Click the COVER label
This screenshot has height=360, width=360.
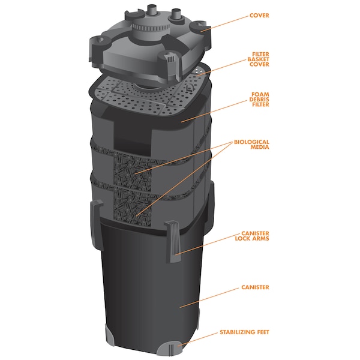pos(259,16)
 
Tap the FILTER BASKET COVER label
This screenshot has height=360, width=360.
pos(258,59)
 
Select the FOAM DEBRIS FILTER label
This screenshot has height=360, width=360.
pos(259,100)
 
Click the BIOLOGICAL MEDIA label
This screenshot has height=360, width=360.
pos(251,145)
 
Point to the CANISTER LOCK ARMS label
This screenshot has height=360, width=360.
pos(252,236)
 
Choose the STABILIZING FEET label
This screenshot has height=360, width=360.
pos(244,332)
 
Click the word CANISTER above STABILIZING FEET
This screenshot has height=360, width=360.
pos(255,287)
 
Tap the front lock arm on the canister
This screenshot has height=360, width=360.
pos(173,242)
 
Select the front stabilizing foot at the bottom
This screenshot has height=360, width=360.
pos(169,350)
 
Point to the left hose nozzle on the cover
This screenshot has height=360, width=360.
pos(151,11)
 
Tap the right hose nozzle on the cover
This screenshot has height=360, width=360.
pos(176,16)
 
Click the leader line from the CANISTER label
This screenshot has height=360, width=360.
pos(209,298)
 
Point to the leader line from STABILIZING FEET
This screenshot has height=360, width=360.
pos(198,338)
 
